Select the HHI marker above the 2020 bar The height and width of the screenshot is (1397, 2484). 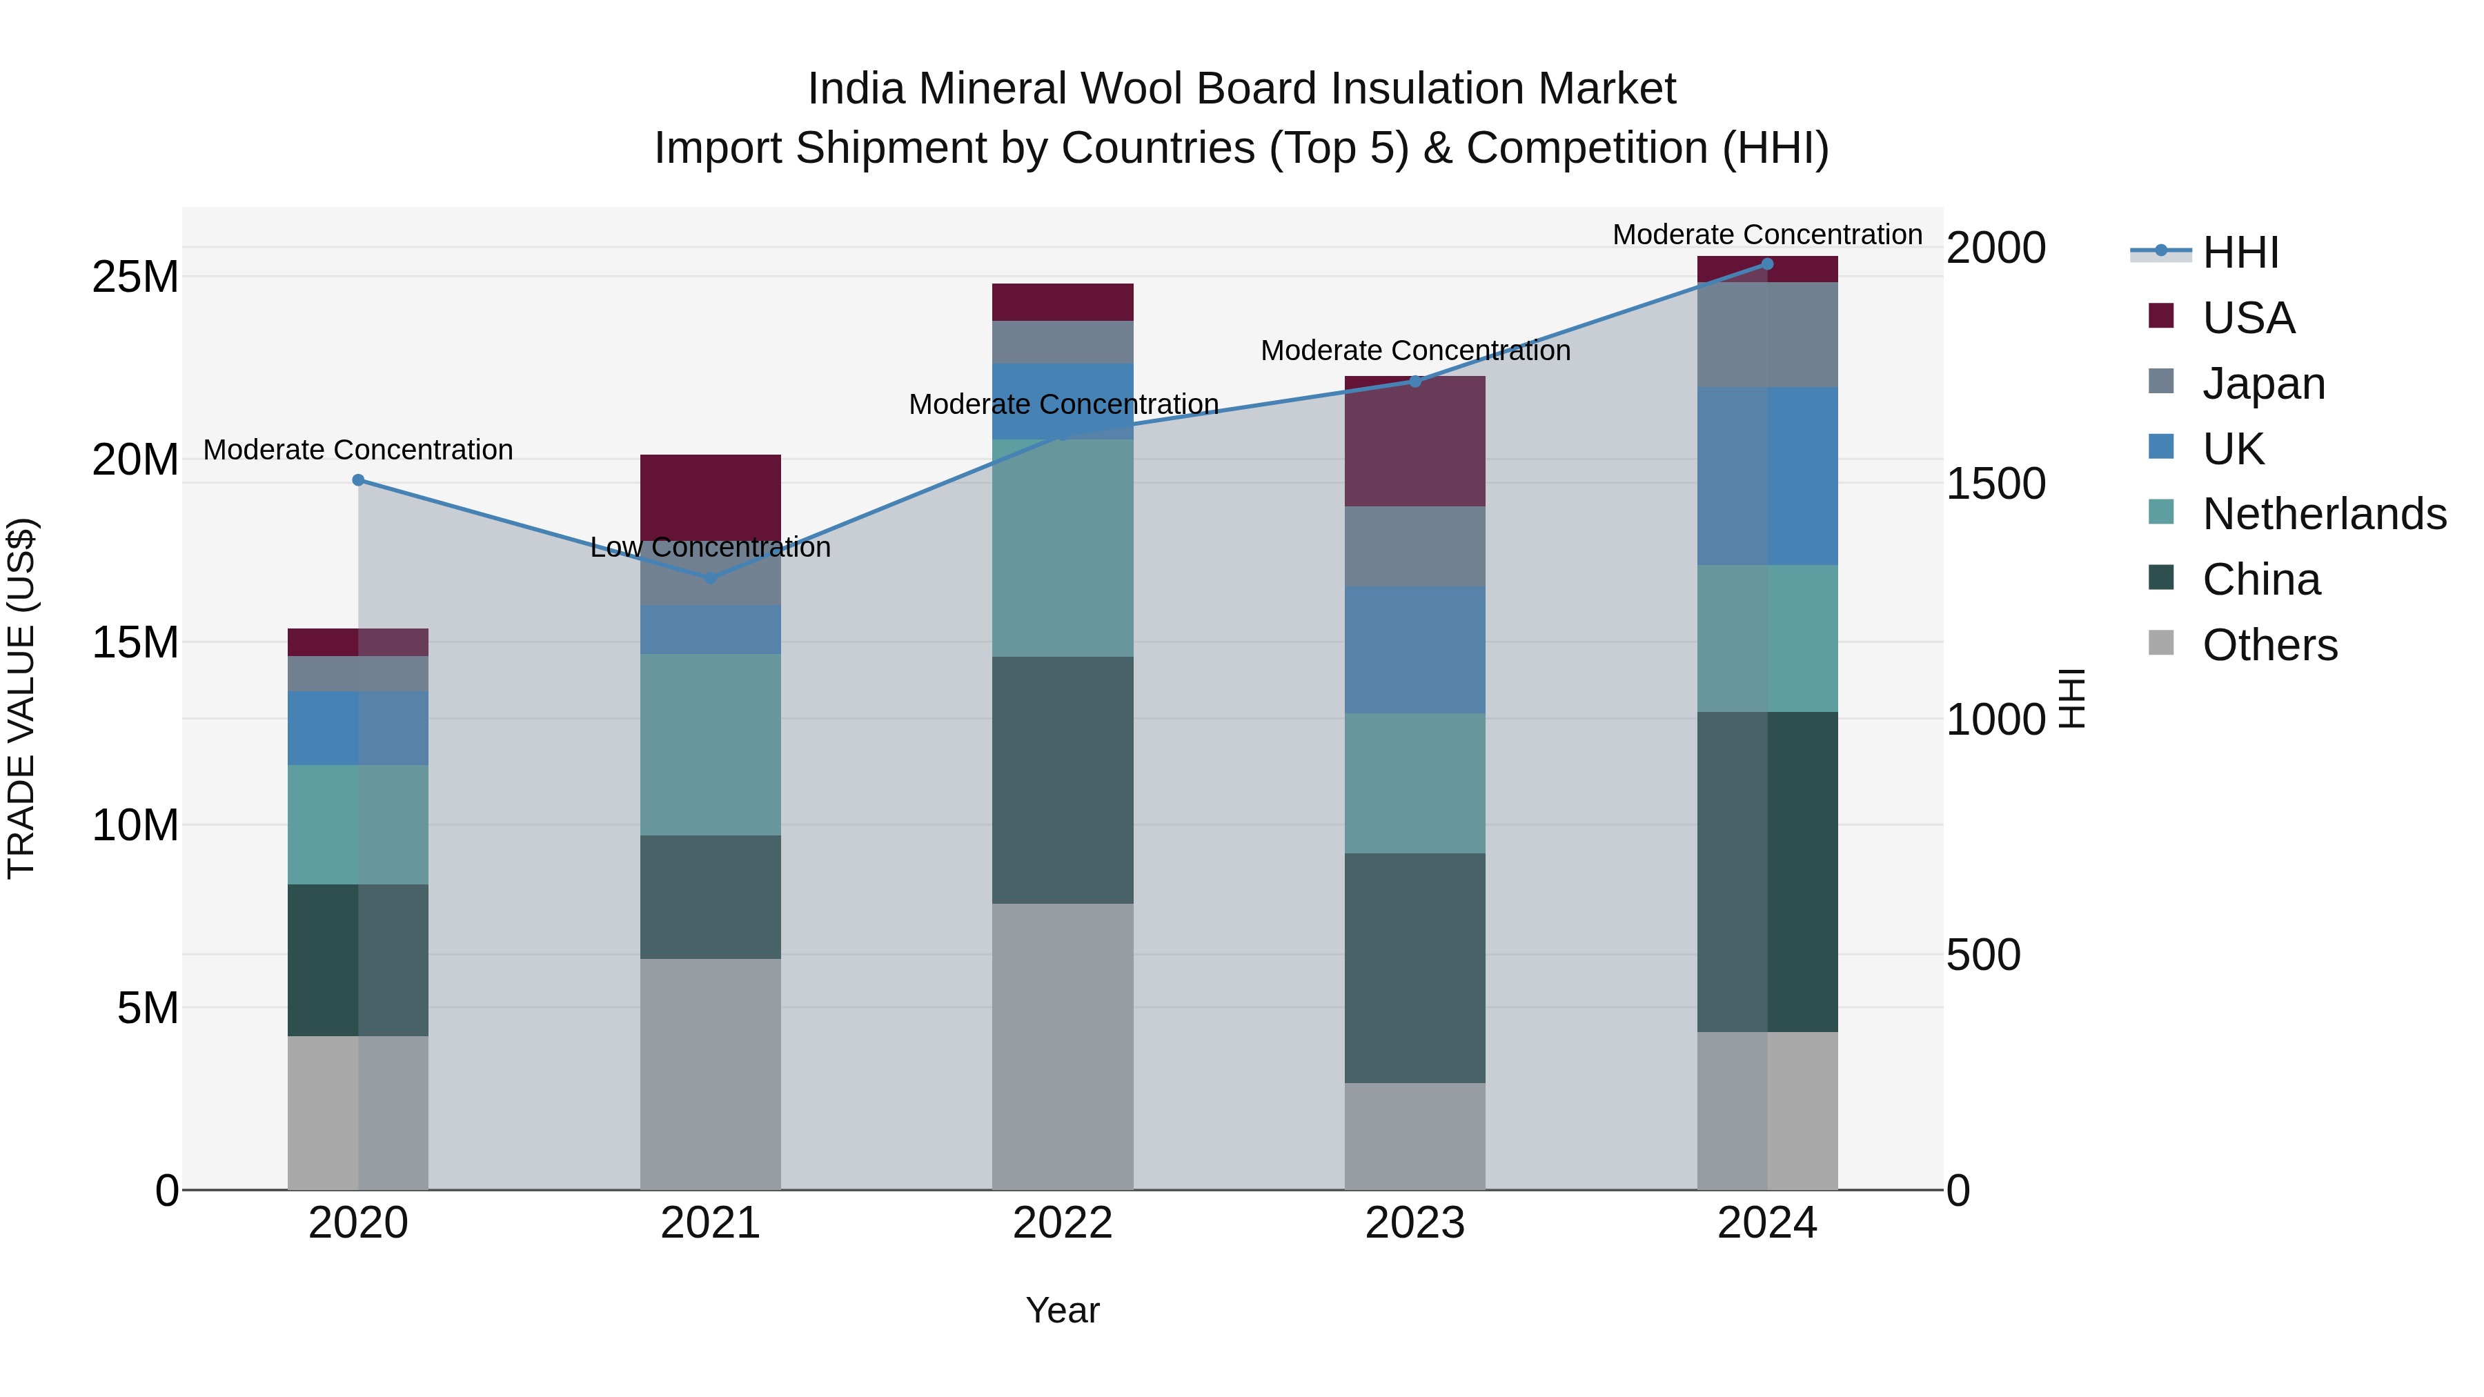coord(357,480)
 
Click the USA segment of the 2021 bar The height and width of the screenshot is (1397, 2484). coord(711,492)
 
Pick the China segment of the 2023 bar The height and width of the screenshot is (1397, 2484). coord(1414,968)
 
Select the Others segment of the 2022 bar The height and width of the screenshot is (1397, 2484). coord(1063,1046)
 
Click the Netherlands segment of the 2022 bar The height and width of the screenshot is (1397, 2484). coord(1063,548)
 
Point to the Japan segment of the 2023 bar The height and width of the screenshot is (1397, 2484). coord(1414,546)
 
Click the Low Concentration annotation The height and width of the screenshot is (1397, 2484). coord(711,548)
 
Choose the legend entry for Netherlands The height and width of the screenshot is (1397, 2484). coord(2324,514)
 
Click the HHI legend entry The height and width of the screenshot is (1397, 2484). coord(2240,252)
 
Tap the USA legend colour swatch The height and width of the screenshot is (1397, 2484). coord(2161,316)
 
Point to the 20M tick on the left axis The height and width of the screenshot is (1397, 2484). coord(135,460)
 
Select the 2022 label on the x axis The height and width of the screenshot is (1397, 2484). coord(1063,1223)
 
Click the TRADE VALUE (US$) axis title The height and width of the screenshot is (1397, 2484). coord(21,698)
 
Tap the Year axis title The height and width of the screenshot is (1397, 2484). coord(1063,1310)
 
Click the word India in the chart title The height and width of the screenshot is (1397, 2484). coord(856,89)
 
